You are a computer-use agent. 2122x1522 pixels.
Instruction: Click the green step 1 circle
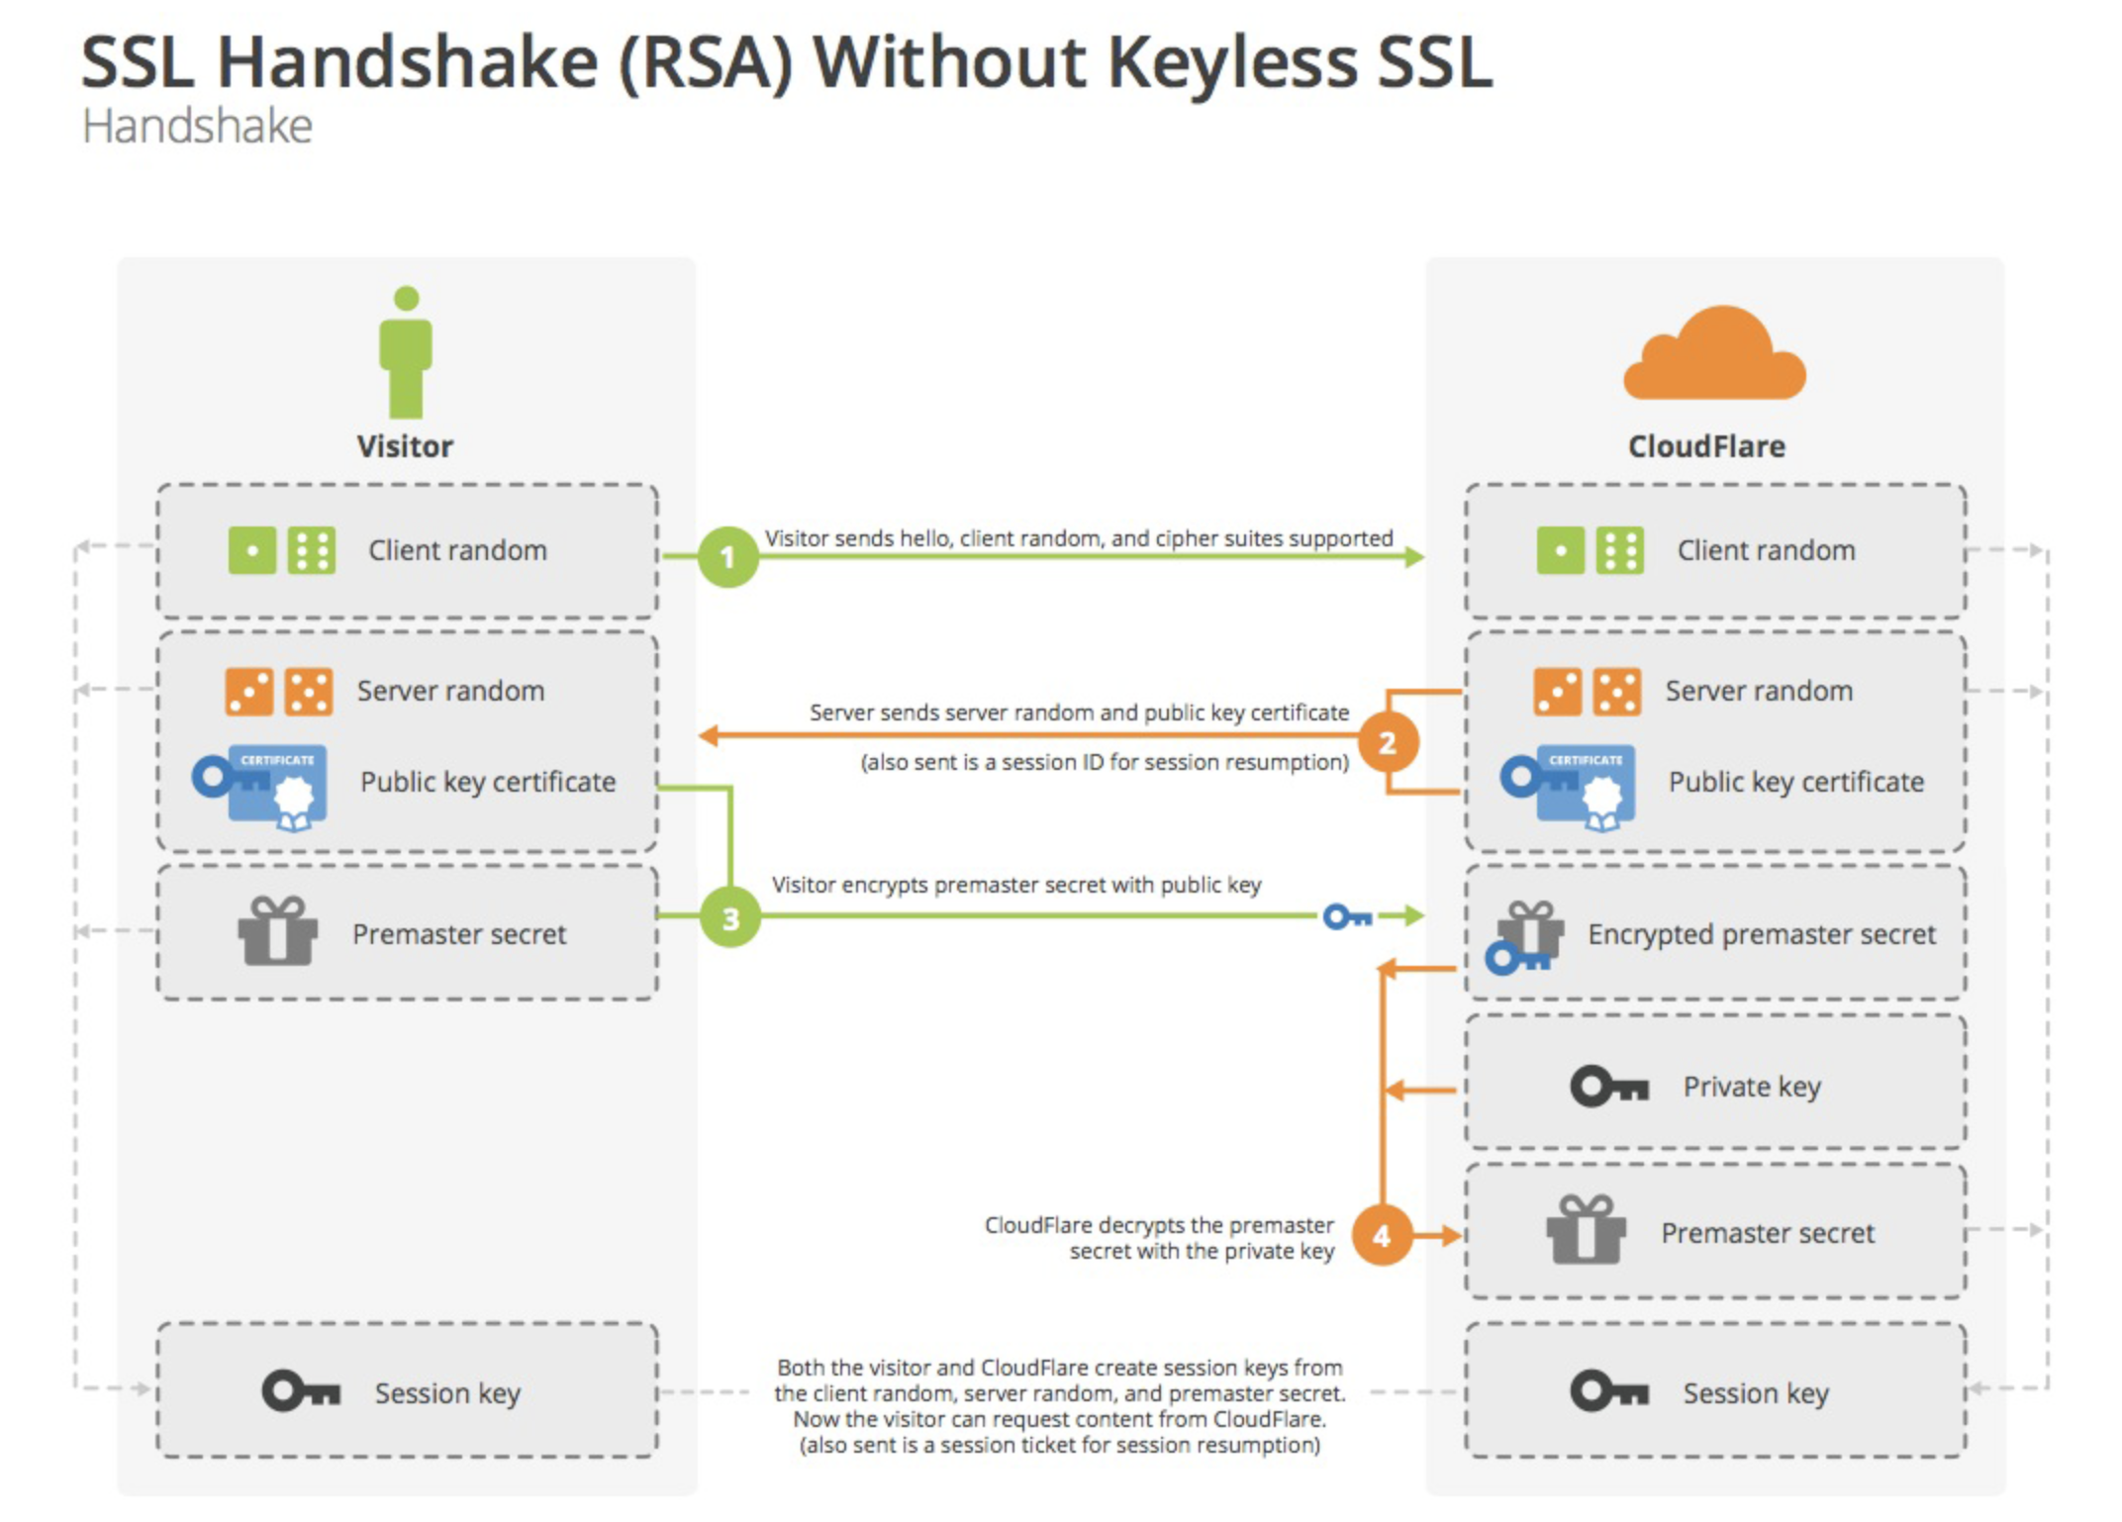pos(727,557)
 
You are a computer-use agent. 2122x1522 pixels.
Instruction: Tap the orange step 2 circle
pos(1387,742)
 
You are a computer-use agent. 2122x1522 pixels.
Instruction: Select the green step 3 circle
pos(730,917)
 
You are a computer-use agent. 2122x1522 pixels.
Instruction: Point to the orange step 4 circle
pos(1382,1235)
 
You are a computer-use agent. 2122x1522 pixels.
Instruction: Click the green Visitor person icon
pos(406,353)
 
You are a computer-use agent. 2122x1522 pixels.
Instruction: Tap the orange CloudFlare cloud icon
pos(1714,356)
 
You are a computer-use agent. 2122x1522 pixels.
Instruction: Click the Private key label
pos(1752,1087)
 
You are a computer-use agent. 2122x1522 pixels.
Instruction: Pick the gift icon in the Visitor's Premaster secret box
pos(278,931)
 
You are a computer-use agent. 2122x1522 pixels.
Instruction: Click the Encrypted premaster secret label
pos(1762,934)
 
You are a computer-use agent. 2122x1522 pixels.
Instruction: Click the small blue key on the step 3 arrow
pos(1347,917)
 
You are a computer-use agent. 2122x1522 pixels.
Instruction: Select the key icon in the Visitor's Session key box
pos(301,1391)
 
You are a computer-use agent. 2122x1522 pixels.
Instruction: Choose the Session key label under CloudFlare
pos(1756,1393)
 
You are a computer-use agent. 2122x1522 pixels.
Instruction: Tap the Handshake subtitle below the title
pos(197,127)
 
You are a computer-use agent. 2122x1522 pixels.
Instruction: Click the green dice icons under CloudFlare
pos(1590,550)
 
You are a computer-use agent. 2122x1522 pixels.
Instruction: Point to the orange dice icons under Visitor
pos(279,692)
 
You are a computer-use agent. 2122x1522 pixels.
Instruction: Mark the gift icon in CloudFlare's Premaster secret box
pos(1586,1230)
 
